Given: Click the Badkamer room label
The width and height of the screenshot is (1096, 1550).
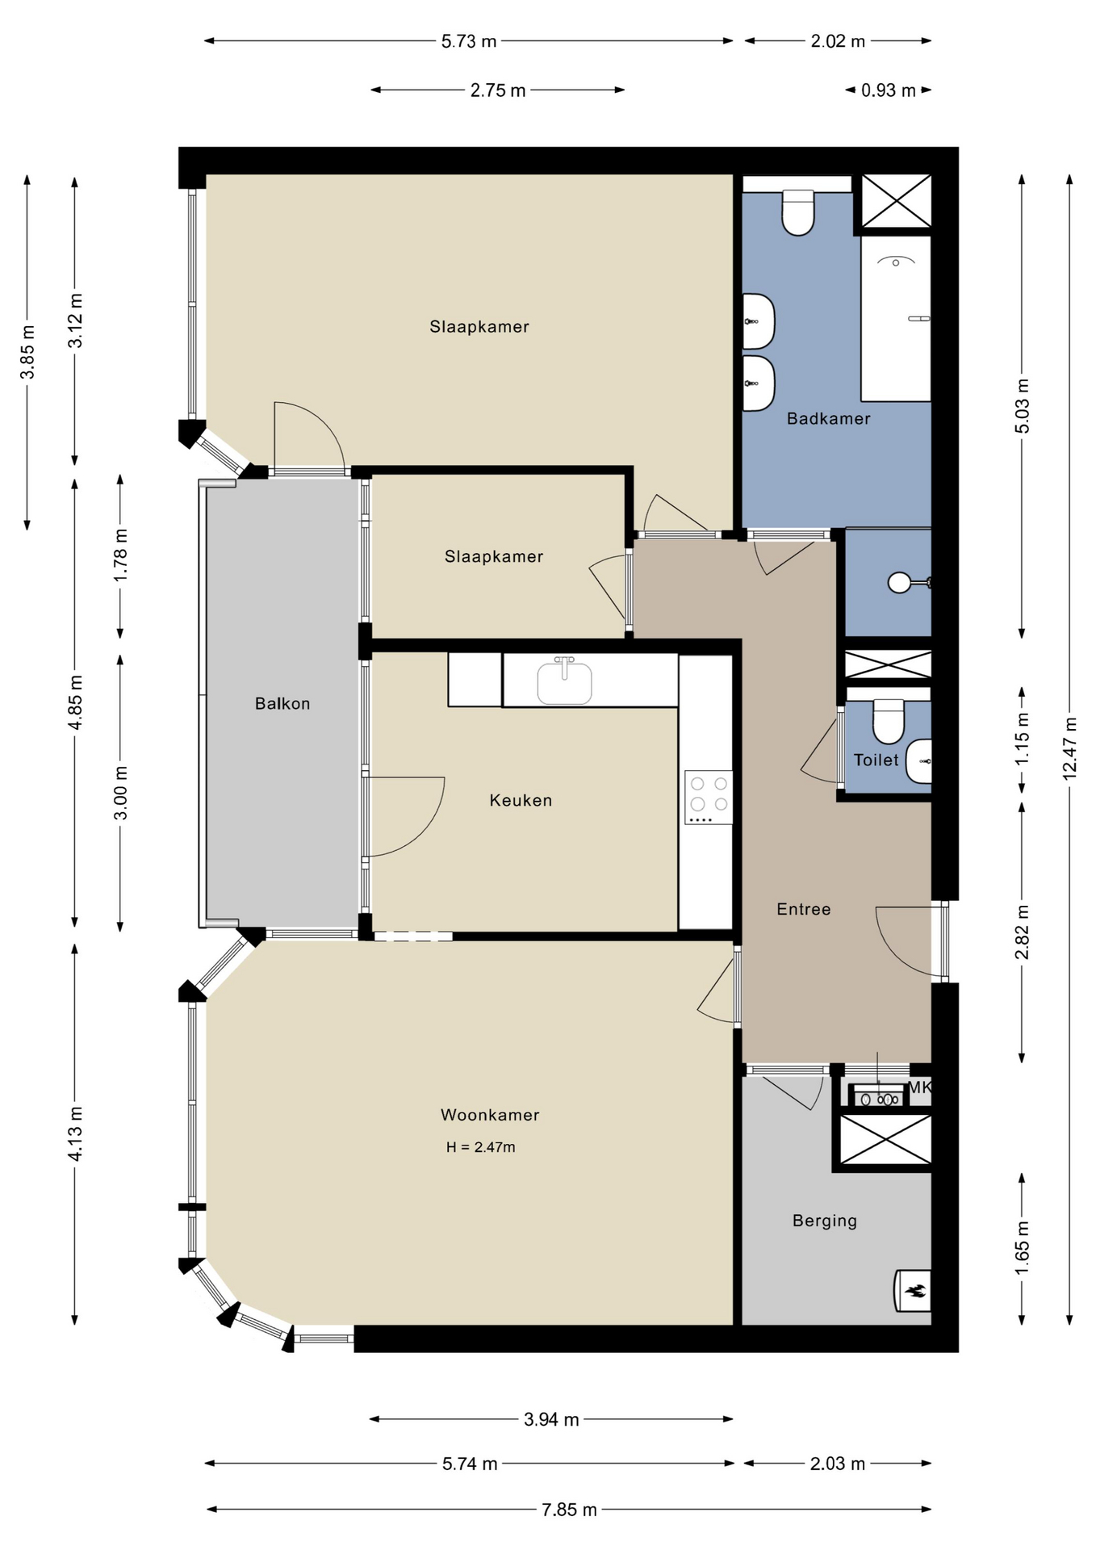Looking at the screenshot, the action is point(828,418).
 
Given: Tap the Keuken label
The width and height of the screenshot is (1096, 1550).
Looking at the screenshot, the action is point(521,800).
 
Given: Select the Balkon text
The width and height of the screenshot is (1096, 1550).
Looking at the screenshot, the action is point(282,703).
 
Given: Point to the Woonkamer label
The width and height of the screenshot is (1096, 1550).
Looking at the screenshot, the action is point(490,1115).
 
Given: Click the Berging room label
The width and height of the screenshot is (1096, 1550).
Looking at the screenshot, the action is point(825,1221).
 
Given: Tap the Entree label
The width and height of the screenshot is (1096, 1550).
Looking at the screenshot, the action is point(804,909).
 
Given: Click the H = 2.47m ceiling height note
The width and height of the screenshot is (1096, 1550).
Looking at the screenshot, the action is point(481,1147).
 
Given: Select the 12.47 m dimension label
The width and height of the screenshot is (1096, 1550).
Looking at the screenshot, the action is point(1070,748).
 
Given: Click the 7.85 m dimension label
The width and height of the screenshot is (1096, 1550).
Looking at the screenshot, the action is point(569,1509).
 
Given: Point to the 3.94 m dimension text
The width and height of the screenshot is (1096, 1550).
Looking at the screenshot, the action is point(551,1418).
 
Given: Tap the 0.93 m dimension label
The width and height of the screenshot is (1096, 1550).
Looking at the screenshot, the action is point(889,90).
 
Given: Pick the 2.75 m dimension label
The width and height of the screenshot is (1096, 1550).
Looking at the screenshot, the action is point(498,90).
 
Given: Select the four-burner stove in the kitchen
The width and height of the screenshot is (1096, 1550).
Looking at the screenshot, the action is point(709,797).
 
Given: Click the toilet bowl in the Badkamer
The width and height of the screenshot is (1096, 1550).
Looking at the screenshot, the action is point(798,212).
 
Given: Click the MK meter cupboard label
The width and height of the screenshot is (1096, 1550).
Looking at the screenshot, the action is point(921,1087).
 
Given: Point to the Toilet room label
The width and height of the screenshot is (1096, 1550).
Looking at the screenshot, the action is point(876,760).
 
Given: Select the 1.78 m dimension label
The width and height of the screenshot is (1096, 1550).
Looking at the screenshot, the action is point(121,555).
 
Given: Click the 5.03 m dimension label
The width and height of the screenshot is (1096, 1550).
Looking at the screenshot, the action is point(1023,405).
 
